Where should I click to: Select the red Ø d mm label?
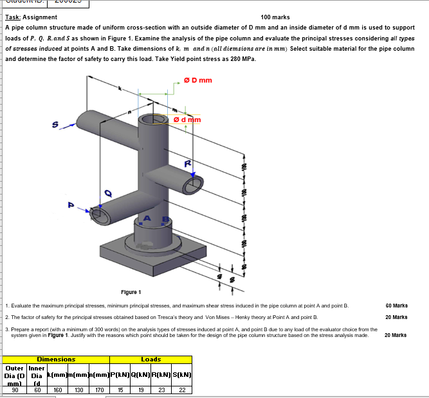(188, 120)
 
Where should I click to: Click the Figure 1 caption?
(131, 291)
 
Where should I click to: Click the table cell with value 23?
(161, 389)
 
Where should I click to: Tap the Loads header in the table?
(151, 359)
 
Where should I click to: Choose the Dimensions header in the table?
(56, 359)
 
